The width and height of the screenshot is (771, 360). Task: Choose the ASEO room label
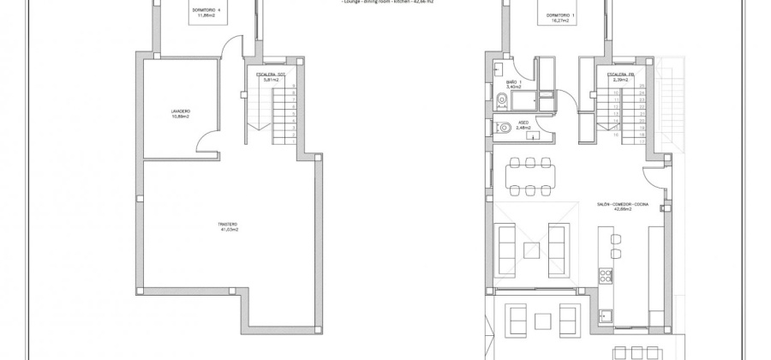click(x=522, y=123)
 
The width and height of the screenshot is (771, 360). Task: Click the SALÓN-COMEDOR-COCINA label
click(x=623, y=203)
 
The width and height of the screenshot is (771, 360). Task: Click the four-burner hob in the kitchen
click(x=606, y=276)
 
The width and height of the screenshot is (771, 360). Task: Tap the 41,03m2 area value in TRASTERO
click(x=228, y=231)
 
